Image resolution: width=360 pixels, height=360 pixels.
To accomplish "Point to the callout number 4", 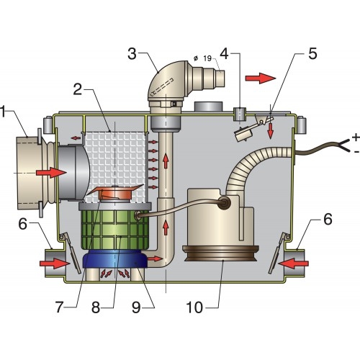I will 225,53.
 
